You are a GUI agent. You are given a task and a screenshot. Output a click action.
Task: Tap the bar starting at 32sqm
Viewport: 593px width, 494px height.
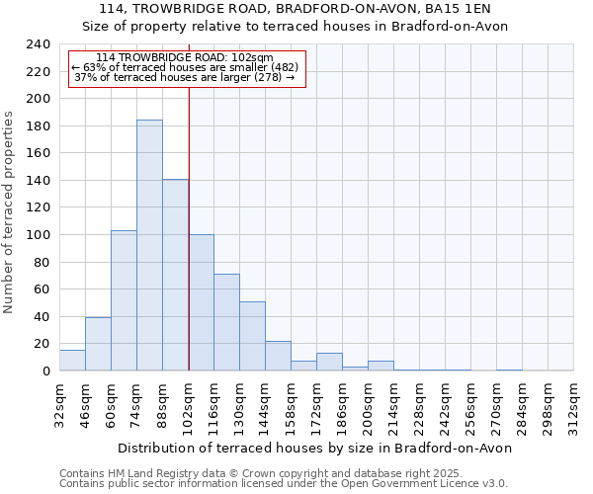click(72, 361)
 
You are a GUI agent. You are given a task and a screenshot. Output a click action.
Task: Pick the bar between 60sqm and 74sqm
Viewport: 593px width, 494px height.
click(124, 300)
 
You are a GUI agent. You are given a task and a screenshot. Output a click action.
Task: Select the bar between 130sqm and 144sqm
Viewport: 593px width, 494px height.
click(252, 336)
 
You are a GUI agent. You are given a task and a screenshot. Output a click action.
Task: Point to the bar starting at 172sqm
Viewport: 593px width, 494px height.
click(329, 362)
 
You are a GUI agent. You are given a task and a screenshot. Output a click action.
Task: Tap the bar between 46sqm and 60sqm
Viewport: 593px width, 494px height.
click(98, 344)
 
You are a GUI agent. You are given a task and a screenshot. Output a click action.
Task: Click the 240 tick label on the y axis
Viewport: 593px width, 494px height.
click(38, 45)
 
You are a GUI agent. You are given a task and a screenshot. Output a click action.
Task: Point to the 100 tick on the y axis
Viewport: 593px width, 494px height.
click(38, 235)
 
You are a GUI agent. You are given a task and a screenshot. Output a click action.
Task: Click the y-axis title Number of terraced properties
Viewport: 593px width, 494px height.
click(10, 211)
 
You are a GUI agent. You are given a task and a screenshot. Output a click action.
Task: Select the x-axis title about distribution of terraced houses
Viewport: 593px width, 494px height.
click(314, 448)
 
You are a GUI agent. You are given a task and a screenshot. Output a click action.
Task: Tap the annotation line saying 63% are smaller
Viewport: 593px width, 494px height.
click(185, 67)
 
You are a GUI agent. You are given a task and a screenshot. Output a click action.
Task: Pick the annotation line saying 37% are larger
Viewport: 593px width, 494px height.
click(185, 77)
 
